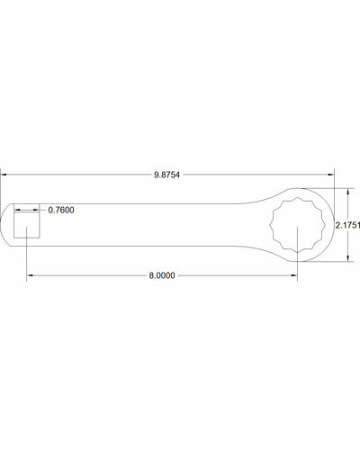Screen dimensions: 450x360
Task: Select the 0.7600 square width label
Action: click(x=60, y=211)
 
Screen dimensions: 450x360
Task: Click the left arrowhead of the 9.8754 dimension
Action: click(x=4, y=174)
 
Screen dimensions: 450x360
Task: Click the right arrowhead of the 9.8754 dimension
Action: click(x=331, y=174)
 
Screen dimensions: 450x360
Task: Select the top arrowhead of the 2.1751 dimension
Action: click(x=346, y=191)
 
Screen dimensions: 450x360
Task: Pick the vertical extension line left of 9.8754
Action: click(x=1, y=189)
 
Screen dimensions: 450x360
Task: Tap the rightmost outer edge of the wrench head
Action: click(x=333, y=225)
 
